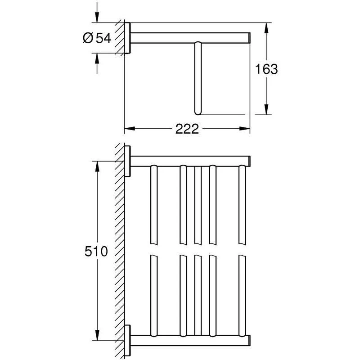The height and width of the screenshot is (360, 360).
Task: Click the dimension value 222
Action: click(187, 129)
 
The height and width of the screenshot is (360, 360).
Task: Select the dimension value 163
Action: click(266, 69)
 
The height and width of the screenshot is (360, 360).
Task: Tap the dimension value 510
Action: click(96, 251)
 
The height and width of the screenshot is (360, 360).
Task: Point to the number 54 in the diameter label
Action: click(103, 38)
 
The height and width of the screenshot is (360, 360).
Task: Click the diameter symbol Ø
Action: click(88, 38)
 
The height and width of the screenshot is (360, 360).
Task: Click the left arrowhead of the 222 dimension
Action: click(130, 129)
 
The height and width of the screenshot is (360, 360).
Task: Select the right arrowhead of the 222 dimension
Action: click(244, 129)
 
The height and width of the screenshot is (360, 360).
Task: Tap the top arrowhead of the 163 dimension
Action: click(266, 28)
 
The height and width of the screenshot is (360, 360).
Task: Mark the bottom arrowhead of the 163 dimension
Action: click(266, 109)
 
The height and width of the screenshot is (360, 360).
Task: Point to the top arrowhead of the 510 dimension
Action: click(97, 166)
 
